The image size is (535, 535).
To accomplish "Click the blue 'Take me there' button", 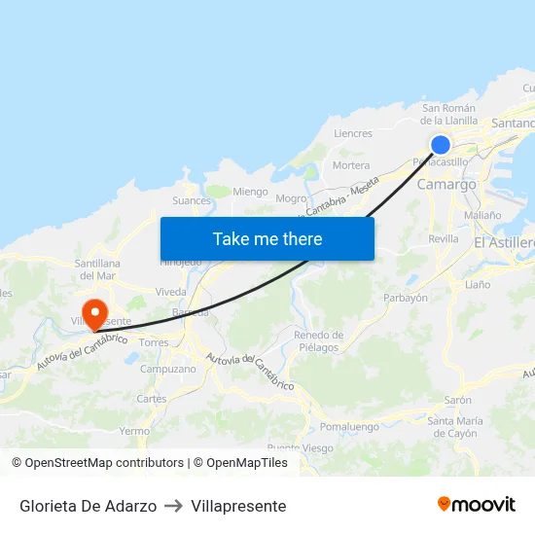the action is coord(267,238).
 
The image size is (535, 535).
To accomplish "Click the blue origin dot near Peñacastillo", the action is coord(440,145).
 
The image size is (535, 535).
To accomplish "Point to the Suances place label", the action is coord(191,201).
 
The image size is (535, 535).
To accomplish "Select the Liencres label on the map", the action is coord(352,133).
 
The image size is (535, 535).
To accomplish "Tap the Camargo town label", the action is coord(446,184).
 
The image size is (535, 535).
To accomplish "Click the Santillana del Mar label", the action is coord(97,269).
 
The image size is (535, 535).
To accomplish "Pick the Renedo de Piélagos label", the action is coord(318,341).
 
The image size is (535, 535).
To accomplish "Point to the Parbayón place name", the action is coord(406,299).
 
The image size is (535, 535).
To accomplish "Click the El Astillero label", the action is coord(504,241).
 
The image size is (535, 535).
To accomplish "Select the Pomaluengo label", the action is coord(349,426).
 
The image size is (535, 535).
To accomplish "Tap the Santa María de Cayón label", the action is coord(452,427).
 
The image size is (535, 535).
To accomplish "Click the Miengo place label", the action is coord(250,192).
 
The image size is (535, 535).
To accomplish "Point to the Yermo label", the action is coord(134,431).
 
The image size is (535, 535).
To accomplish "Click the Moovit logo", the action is coord(477,505).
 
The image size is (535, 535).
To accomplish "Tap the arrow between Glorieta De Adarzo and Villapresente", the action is coord(174,506).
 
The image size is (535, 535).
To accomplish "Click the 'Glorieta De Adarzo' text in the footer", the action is coord(88,506).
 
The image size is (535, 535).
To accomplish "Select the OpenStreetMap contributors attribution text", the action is coord(104,463).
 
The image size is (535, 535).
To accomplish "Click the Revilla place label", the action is coord(443,238).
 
